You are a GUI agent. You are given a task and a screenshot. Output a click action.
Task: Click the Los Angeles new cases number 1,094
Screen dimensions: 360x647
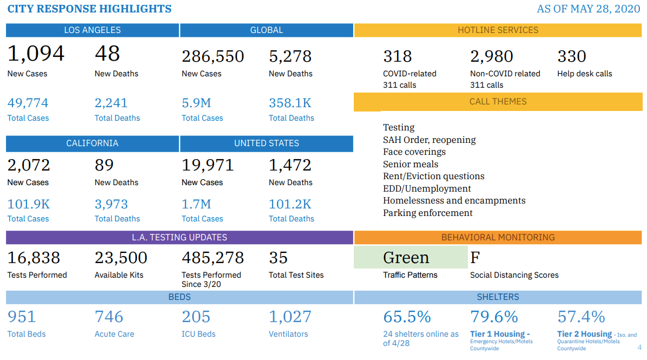(x=36, y=54)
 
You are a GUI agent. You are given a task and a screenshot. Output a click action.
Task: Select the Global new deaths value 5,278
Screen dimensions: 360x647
(x=290, y=56)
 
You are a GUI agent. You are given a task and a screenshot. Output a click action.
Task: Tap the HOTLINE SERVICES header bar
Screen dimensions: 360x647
(x=498, y=30)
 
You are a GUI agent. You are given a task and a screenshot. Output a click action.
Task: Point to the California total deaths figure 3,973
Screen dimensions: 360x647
(x=111, y=205)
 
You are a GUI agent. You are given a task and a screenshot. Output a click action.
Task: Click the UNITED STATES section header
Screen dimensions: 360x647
(x=266, y=143)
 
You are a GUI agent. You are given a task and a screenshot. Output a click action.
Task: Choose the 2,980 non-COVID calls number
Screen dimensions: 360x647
(x=492, y=56)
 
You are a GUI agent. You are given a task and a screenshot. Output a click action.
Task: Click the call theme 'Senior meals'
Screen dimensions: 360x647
(x=411, y=164)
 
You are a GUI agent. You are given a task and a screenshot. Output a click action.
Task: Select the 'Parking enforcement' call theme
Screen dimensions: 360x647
(x=428, y=213)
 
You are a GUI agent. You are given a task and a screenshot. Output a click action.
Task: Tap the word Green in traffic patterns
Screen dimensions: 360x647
(x=406, y=258)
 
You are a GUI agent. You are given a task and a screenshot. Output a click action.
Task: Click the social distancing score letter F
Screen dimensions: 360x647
(x=475, y=258)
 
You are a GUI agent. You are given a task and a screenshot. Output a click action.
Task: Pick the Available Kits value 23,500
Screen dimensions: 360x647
(x=121, y=258)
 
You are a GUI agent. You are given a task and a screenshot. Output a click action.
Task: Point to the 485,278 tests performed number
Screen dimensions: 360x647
(x=213, y=258)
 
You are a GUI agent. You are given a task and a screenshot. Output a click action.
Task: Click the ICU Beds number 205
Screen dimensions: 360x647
(x=196, y=317)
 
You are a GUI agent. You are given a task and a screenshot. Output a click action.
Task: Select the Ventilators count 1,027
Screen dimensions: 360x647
(x=290, y=317)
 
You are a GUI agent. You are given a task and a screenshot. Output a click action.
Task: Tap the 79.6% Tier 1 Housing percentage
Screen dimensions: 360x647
(x=494, y=317)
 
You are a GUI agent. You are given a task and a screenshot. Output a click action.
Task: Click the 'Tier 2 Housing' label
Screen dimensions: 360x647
(x=584, y=334)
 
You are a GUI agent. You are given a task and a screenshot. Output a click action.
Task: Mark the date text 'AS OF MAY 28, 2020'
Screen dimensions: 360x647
(x=588, y=9)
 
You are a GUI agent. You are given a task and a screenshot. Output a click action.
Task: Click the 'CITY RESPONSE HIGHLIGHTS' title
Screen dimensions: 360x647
(x=89, y=9)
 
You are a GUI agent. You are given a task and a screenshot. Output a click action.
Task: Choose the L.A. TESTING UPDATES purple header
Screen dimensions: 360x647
(x=180, y=238)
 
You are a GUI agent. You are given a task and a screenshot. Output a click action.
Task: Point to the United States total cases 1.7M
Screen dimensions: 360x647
(x=196, y=205)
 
